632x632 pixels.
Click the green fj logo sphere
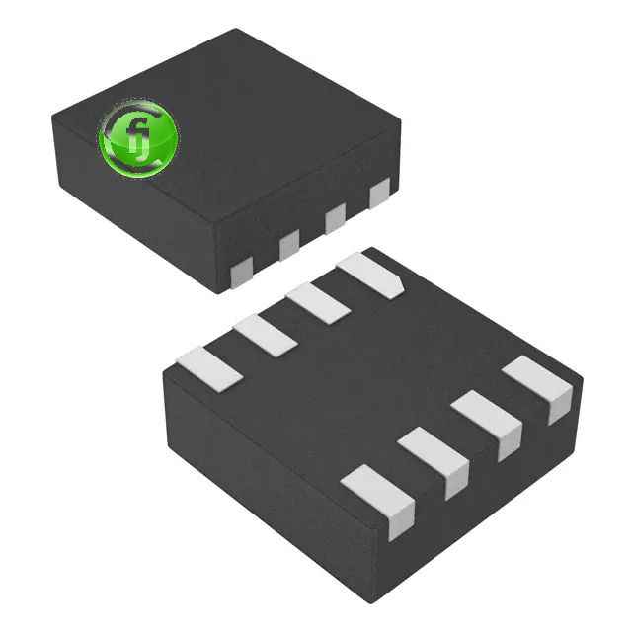coord(138,135)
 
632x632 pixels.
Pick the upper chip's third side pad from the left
coord(335,218)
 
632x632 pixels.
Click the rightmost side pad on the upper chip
coord(379,194)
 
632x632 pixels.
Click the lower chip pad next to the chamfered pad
coord(317,301)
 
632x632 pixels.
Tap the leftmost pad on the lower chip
coord(208,366)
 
